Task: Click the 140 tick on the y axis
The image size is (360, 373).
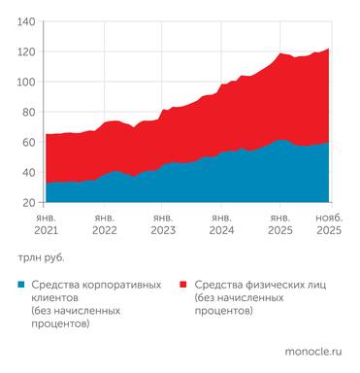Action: point(26,20)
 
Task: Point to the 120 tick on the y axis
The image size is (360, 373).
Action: point(26,51)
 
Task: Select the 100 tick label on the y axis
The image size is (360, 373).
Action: point(26,82)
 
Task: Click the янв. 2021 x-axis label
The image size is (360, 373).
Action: point(46,225)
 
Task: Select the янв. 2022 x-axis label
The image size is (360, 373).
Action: point(104,225)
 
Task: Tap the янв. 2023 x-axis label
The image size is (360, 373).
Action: point(163,225)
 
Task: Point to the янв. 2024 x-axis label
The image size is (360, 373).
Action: point(221,225)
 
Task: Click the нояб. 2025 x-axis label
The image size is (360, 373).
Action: point(329,225)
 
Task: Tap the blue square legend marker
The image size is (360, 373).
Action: point(21,286)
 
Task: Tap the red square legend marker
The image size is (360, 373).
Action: point(183,286)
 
